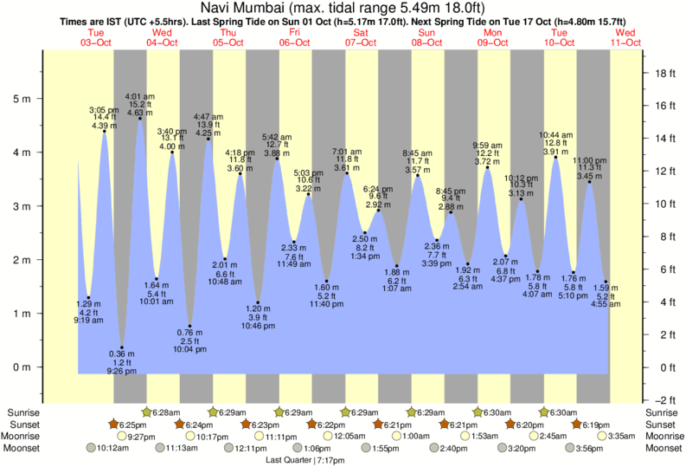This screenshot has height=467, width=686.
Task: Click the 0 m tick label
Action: tap(24, 367)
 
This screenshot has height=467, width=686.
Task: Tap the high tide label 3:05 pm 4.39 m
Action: tap(105, 119)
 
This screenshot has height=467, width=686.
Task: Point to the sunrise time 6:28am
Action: tap(165, 412)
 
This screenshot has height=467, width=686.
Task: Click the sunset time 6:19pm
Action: tap(597, 425)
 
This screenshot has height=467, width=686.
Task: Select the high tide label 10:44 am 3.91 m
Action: tap(555, 143)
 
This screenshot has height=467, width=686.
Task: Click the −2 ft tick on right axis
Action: tap(663, 399)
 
